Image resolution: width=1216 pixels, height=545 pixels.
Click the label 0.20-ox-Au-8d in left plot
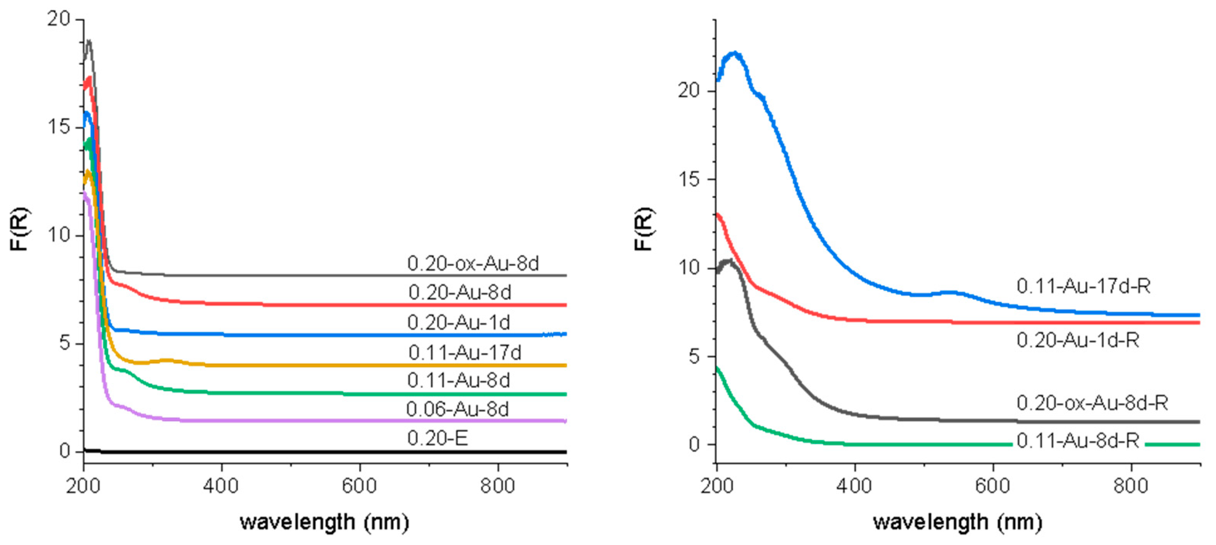pos(473,263)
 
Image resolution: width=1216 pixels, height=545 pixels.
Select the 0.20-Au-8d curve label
pos(459,293)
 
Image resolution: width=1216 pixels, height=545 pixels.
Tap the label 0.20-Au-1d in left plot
pos(458,323)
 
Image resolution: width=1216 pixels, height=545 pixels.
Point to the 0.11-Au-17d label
pos(464,353)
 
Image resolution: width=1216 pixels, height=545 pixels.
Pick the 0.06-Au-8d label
pos(457,409)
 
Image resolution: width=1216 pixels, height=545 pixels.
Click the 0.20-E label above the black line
pos(437,438)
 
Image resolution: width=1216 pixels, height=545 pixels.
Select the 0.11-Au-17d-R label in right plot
pos(1083,286)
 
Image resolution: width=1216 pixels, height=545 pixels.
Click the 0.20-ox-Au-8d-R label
pos(1092,403)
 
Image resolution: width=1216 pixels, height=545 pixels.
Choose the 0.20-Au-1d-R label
pos(1078,340)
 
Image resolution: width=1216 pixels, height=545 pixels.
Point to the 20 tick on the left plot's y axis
pos(58,19)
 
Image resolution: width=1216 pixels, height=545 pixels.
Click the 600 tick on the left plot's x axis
pos(359,486)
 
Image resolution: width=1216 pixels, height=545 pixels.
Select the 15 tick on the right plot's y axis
pos(689,179)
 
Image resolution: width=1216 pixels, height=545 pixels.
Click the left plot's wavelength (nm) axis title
pos(324,522)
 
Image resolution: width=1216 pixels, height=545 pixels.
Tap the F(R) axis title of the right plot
pos(643,229)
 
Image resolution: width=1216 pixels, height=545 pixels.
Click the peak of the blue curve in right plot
pos(735,53)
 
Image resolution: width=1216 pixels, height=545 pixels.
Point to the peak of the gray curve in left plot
pos(88,42)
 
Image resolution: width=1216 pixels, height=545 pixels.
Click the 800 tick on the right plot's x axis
pos(1130,486)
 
